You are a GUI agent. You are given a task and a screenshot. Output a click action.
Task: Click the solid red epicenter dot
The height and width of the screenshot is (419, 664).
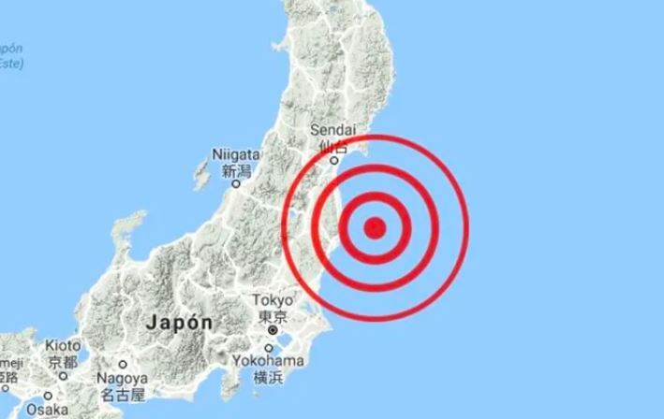click(x=375, y=226)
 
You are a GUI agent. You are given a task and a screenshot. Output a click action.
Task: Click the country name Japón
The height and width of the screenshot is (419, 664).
click(x=178, y=321)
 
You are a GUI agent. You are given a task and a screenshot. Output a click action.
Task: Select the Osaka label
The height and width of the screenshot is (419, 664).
click(x=47, y=410)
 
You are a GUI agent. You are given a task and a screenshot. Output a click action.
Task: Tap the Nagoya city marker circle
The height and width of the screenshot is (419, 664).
click(x=122, y=364)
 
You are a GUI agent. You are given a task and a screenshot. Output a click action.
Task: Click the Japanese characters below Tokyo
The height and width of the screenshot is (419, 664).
click(x=274, y=316)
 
